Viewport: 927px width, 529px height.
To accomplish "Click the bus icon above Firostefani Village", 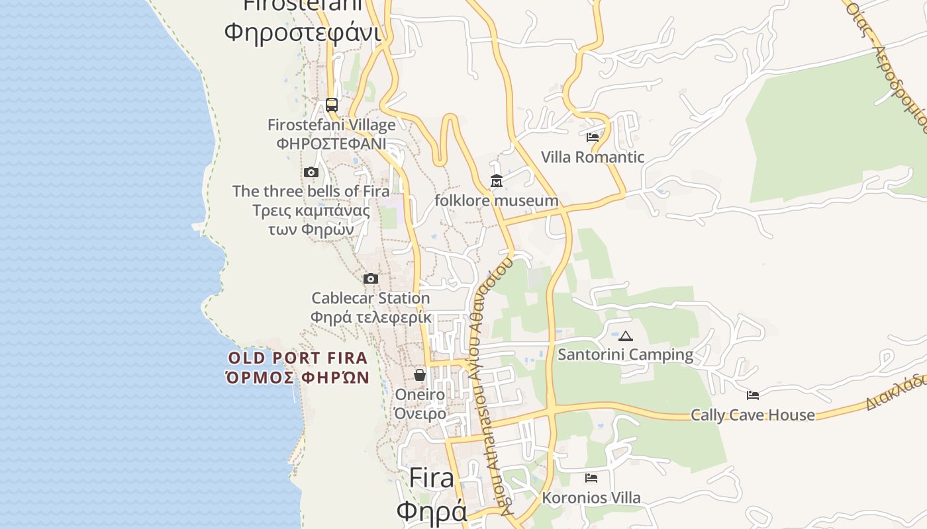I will (332, 105).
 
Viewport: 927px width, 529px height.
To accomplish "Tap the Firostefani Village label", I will (331, 125).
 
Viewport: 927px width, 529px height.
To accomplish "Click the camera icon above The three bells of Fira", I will (311, 173).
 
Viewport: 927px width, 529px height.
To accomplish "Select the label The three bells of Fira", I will (311, 192).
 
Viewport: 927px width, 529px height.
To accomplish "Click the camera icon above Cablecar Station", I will (371, 279).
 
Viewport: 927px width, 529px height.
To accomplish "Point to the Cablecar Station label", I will (371, 298).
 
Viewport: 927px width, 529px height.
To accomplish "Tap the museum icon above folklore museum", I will (496, 181).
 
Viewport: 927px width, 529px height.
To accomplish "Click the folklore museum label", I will (496, 200).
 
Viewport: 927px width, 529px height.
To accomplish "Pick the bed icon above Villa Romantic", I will (593, 138).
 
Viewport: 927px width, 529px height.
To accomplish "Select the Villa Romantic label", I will (593, 157).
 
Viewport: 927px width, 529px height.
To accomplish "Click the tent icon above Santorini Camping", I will (626, 336).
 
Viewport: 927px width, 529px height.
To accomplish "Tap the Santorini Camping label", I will (626, 354).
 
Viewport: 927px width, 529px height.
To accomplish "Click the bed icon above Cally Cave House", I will (753, 395).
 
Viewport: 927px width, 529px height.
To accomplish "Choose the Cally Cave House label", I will (753, 415).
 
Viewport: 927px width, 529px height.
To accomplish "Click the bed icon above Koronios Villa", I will (591, 478).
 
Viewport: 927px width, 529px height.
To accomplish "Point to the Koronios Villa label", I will (591, 498).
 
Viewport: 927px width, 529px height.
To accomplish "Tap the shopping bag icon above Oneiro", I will (420, 376).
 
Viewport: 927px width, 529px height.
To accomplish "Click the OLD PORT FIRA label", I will (297, 358).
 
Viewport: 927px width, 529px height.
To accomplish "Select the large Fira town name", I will (432, 478).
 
